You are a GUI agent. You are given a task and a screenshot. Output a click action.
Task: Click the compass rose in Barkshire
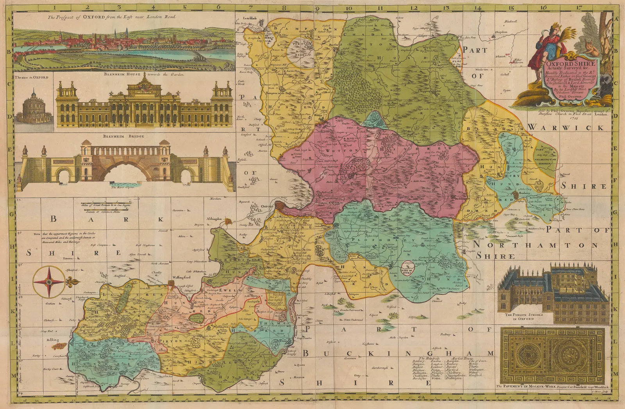(x=49, y=281)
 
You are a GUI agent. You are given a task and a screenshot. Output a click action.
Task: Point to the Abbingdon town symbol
(x=227, y=221)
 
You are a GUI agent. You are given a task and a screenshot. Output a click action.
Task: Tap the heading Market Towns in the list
(x=455, y=358)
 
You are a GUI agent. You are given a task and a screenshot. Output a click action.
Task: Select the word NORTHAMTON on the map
(x=535, y=245)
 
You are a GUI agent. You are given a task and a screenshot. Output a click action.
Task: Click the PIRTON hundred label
(x=169, y=341)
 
